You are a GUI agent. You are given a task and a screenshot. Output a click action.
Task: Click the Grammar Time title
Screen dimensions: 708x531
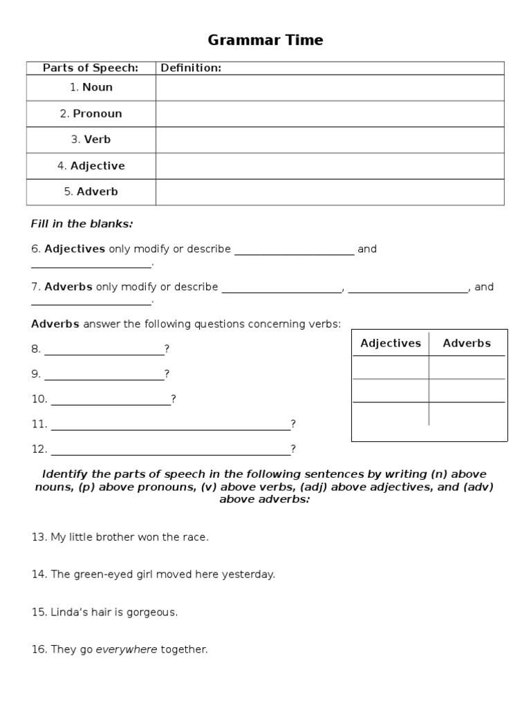[x=265, y=40]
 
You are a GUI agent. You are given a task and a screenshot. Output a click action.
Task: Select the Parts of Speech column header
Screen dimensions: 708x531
[x=91, y=68]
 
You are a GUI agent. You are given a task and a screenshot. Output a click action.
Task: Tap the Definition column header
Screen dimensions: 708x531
[x=191, y=68]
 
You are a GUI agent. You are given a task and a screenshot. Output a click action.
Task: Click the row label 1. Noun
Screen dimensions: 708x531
[x=91, y=87]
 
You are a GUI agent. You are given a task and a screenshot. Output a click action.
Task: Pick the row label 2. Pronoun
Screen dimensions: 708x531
[x=91, y=113]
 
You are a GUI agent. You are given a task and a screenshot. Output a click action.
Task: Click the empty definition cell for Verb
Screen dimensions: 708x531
[x=330, y=140]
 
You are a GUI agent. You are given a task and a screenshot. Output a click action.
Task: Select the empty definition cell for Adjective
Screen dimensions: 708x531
[x=330, y=166]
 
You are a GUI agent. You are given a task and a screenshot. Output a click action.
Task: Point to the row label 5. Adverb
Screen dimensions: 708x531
[x=91, y=192]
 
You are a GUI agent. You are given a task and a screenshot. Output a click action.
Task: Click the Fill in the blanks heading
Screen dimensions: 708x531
[x=82, y=224]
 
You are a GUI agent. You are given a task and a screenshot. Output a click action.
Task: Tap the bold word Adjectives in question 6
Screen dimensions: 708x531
[x=75, y=249]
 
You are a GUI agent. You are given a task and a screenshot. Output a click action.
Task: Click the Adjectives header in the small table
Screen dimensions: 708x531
[x=391, y=343]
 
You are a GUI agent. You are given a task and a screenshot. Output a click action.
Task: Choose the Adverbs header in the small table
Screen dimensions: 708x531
[x=467, y=343]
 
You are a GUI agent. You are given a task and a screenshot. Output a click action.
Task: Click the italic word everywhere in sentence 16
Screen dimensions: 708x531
[x=127, y=649]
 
